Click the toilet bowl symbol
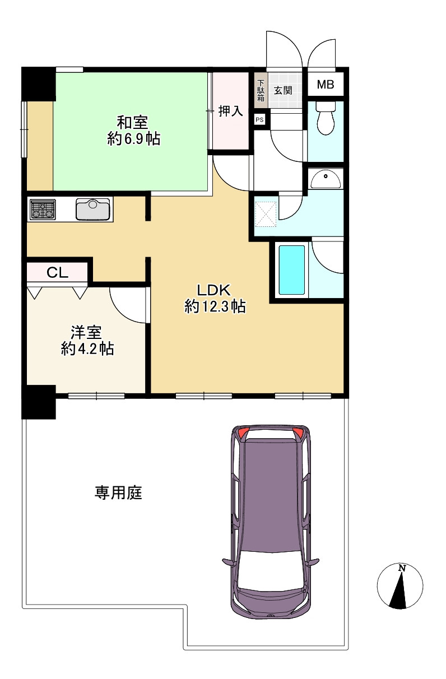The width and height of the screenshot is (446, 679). point(326,118)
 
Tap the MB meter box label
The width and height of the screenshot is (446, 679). point(326,84)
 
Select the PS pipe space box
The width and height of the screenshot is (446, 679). point(259,120)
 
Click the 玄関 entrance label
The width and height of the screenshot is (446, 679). point(283,90)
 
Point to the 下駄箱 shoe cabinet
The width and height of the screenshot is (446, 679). point(261,90)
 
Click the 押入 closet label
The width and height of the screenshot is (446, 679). point(230,111)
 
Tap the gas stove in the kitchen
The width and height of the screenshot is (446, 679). point(43,209)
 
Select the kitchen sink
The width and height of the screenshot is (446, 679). point(93,209)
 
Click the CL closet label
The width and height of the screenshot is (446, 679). point(57,273)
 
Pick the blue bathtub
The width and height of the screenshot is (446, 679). point(292,270)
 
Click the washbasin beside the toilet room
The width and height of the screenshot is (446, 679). point(326,179)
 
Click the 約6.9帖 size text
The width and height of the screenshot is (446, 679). point(134,139)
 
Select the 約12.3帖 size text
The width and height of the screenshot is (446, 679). point(215,306)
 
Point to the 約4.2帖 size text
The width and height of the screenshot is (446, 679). point(87,348)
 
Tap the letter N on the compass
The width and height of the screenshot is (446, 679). point(402,568)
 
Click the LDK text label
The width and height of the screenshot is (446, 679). point(214,290)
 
